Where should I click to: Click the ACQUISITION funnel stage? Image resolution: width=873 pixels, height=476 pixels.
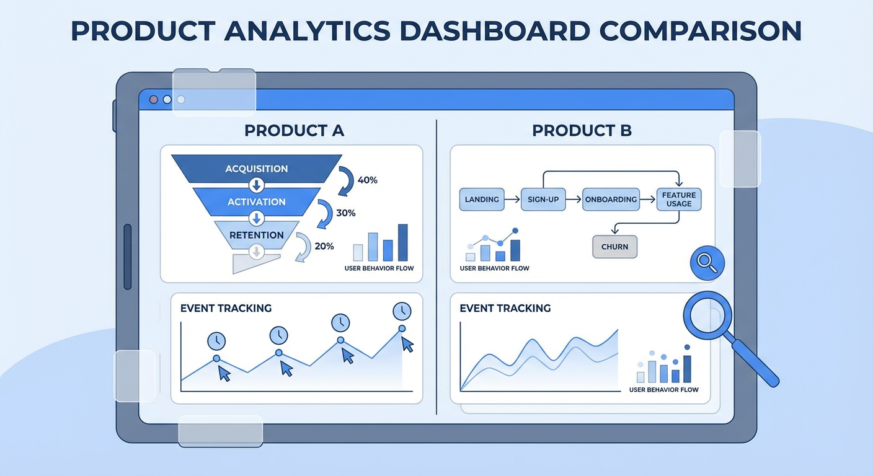pos(257,169)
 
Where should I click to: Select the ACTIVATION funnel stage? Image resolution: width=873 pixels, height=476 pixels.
pos(257,202)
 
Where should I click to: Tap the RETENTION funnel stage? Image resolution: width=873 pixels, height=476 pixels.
pos(257,235)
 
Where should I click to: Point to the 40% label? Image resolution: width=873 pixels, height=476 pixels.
pos(368,180)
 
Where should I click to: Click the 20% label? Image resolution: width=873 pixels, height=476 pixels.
pos(324,246)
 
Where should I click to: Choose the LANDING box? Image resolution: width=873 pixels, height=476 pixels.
pos(482,200)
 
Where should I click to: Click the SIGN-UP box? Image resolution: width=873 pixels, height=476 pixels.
pos(543,200)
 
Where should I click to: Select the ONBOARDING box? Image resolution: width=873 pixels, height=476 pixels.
pos(611,200)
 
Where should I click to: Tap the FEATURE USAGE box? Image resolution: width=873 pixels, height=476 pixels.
pos(679,200)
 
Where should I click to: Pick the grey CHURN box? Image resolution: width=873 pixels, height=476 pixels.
pos(614,247)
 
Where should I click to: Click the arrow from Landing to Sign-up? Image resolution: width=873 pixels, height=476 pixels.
pos(513,200)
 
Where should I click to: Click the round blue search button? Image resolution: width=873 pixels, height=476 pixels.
pos(707,263)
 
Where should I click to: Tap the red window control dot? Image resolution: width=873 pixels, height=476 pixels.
pos(154,100)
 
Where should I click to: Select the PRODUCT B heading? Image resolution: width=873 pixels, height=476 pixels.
pos(582,131)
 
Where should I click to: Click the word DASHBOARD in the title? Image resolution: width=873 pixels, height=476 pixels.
pos(495,31)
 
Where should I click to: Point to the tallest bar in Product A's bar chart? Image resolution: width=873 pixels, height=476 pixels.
pos(402,242)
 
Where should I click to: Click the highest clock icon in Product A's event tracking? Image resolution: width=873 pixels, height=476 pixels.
pos(402,311)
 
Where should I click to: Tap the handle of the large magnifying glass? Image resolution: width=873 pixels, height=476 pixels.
pos(755,363)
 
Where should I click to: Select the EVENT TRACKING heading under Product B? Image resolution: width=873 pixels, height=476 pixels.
pos(505,308)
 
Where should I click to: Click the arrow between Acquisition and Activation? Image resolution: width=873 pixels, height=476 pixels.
pos(257,185)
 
